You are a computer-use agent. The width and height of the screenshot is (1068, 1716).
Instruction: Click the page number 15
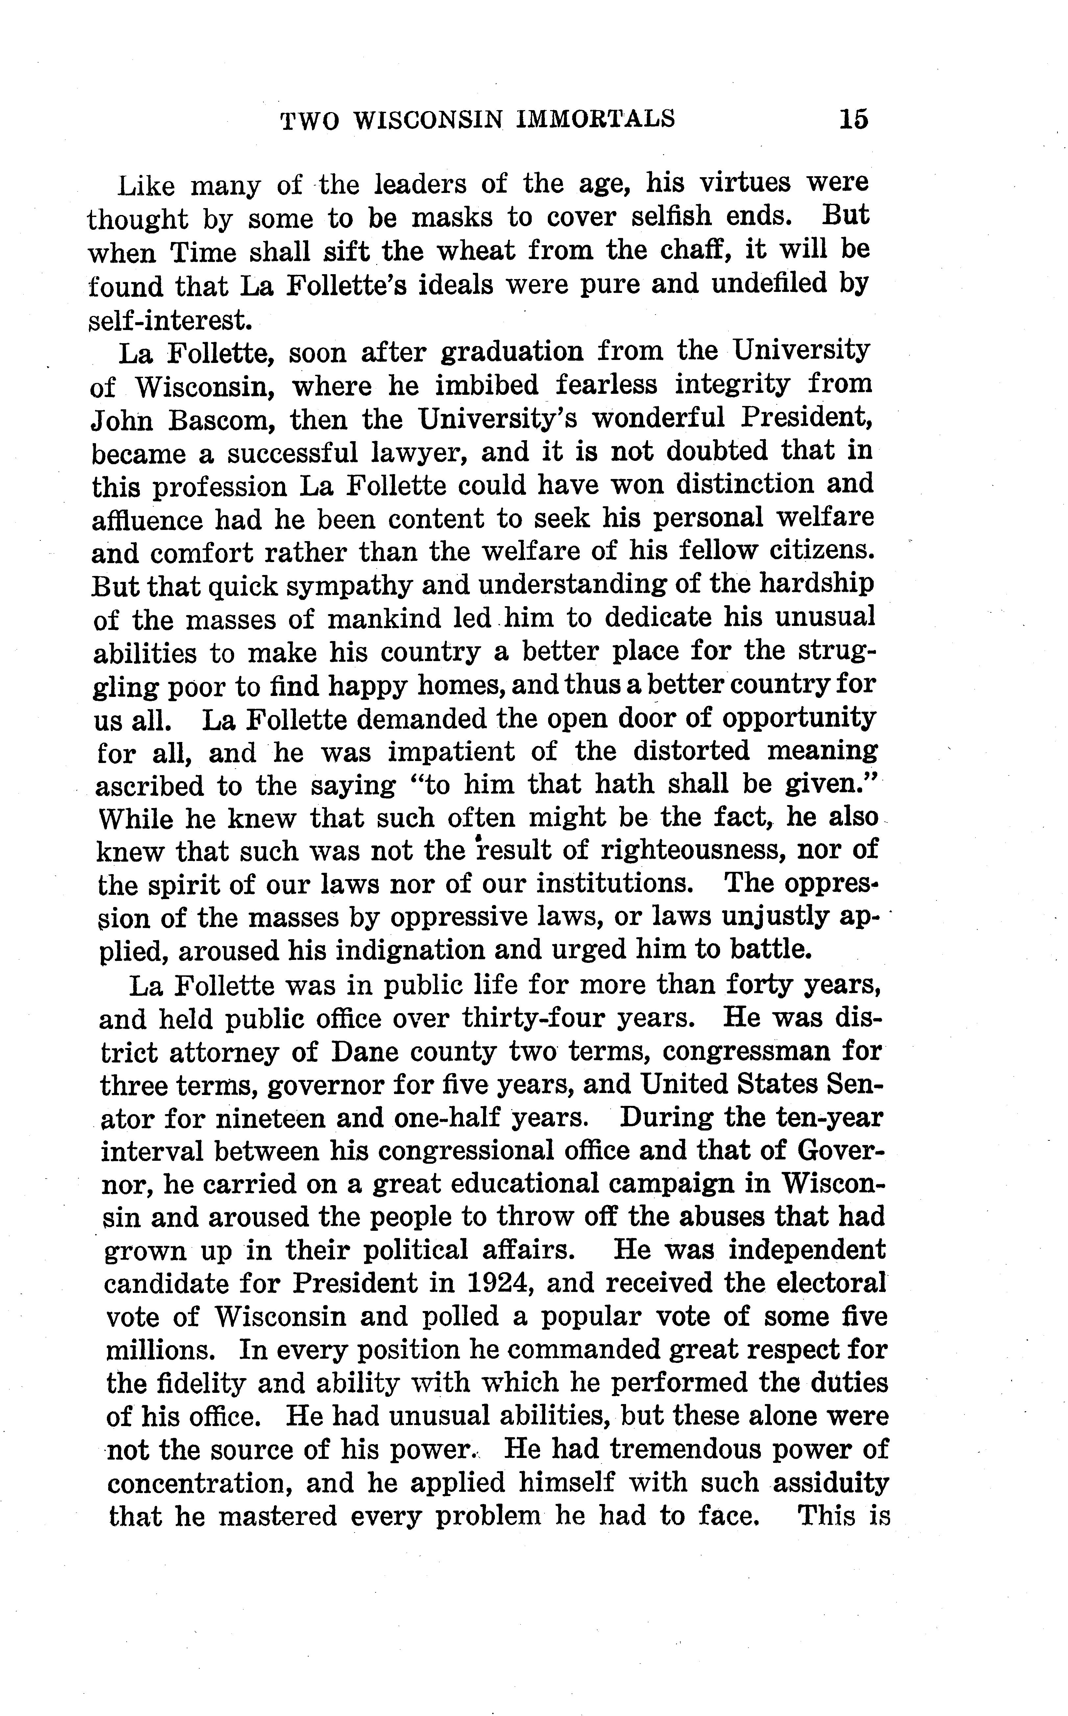tap(853, 119)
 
